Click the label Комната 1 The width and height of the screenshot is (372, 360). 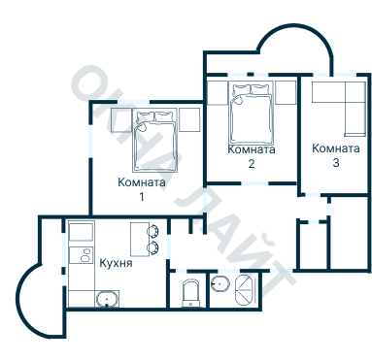tap(142, 189)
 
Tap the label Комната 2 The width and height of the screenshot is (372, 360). tap(252, 156)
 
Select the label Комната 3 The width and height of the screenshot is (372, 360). tap(336, 155)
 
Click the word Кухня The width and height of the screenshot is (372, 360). tap(116, 263)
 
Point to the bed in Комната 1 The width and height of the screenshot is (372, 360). tap(155, 140)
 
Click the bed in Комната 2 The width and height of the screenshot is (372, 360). tap(251, 113)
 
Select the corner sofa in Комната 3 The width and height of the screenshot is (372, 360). tap(339, 109)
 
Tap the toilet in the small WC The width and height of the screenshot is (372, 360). tap(192, 293)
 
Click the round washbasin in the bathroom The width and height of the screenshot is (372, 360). tap(220, 284)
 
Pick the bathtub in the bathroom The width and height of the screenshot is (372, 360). tap(246, 290)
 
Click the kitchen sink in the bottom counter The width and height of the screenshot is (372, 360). tap(107, 299)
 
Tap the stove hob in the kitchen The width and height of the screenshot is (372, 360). tap(82, 254)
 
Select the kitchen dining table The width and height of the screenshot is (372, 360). tap(140, 240)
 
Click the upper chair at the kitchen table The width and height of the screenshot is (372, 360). tap(152, 230)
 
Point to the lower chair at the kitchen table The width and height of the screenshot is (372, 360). tap(152, 247)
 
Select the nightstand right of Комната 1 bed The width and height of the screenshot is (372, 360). tap(189, 119)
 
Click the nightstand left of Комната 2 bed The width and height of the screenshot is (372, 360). tap(218, 93)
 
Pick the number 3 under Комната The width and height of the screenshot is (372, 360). tap(336, 163)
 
